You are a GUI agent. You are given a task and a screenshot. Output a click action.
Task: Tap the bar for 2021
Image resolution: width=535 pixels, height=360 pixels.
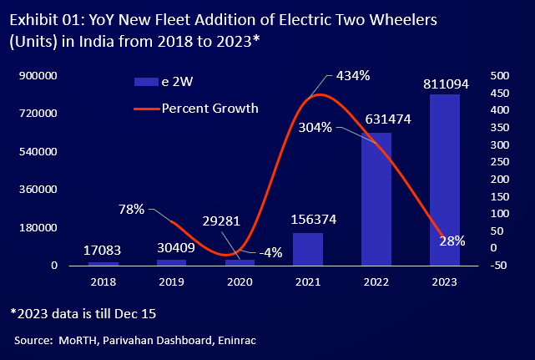[307, 249]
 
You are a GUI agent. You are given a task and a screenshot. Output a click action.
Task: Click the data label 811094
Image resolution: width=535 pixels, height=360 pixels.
[445, 84]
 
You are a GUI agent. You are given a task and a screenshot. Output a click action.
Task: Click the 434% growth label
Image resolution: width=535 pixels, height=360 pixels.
[353, 76]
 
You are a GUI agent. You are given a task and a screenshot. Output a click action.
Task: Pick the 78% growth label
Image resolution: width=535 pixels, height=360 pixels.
[132, 209]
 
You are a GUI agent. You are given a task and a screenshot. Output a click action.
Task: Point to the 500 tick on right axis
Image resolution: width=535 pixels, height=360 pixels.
[499, 76]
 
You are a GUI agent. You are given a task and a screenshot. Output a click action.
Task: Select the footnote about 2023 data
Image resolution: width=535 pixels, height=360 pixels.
[83, 313]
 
